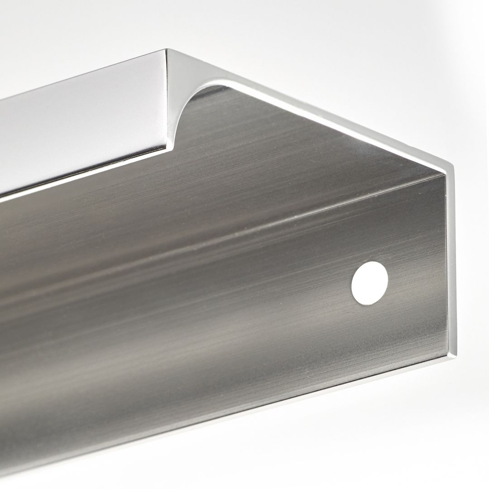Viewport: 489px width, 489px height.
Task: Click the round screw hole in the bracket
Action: coord(369,283)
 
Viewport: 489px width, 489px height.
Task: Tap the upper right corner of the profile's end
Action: coord(451,166)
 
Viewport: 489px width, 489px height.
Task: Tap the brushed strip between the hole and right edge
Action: coord(417,281)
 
